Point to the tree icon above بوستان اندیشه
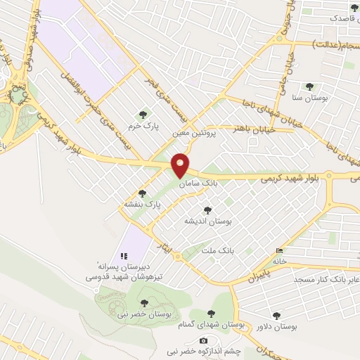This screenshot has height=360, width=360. pyautogui.click(x=207, y=210)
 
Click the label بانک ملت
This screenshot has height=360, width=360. pyautogui.click(x=216, y=250)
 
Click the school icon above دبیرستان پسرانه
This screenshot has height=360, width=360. pyautogui.click(x=123, y=255)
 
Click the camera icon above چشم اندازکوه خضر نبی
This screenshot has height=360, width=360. pyautogui.click(x=204, y=340)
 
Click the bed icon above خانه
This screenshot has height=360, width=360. pyautogui.click(x=281, y=250)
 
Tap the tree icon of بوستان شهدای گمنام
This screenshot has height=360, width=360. pyautogui.click(x=212, y=315)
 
